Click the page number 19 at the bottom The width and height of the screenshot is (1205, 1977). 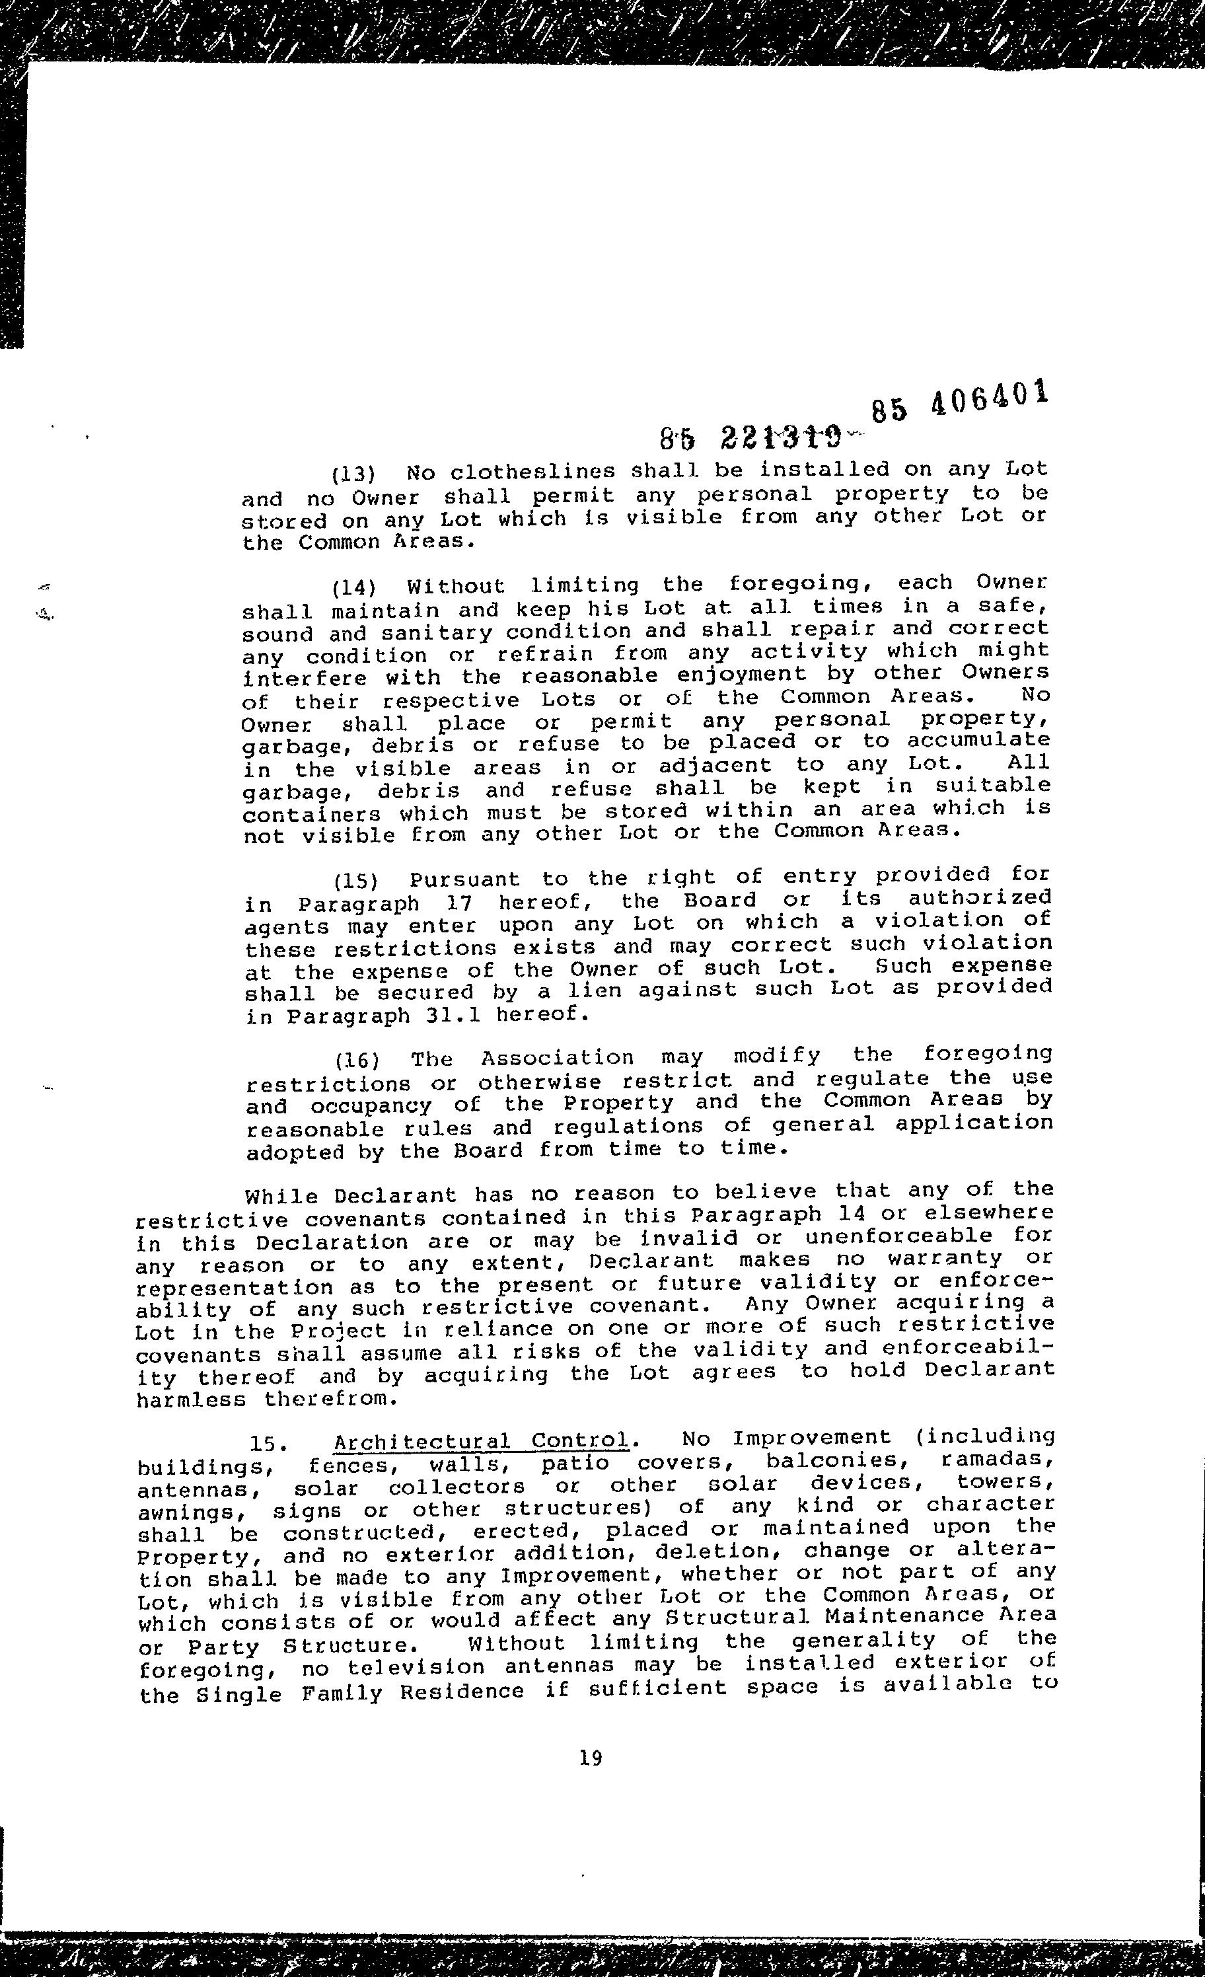coord(591,1758)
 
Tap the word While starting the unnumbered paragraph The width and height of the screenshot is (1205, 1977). coord(281,1196)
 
